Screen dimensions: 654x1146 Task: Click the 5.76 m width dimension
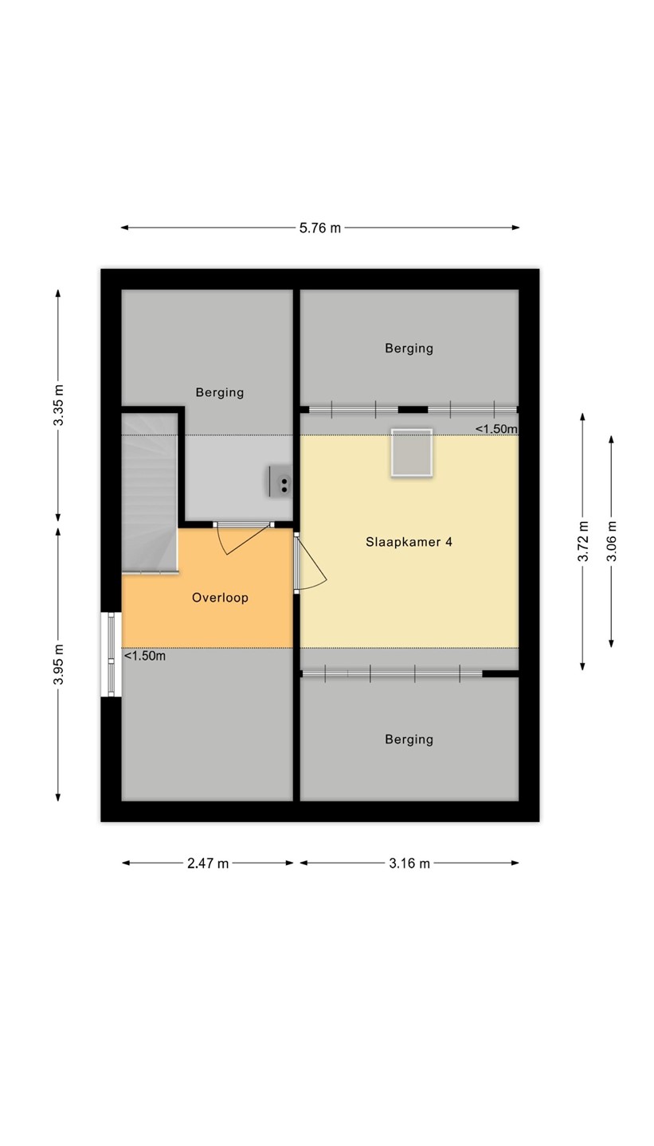coord(320,228)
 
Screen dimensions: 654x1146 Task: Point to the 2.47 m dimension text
coord(208,863)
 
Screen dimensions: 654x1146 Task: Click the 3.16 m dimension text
coord(409,863)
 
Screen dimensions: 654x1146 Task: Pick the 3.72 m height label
coord(583,541)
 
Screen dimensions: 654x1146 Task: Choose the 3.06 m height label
coord(612,541)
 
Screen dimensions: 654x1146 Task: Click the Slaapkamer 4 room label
coord(409,542)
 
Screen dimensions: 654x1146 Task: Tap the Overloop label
coord(220,598)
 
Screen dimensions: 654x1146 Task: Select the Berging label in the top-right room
coord(409,349)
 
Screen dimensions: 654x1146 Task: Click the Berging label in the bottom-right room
coord(409,739)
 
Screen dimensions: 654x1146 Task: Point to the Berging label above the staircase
coord(220,392)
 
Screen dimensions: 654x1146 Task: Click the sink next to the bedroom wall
coord(280,481)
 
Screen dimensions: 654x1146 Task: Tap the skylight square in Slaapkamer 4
coord(412,453)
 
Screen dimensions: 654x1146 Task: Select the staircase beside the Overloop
coord(150,493)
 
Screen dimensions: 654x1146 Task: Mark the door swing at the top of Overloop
coord(243,538)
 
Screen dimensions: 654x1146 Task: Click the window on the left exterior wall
coord(112,654)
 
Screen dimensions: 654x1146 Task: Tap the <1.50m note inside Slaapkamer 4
coord(496,429)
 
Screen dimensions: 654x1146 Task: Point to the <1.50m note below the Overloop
coord(145,656)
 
